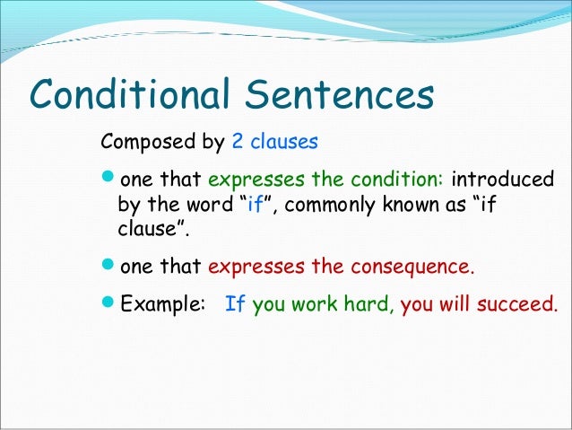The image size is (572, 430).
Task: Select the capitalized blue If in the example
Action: click(236, 304)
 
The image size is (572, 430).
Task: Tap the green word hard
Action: click(368, 304)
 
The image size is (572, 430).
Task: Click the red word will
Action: click(454, 304)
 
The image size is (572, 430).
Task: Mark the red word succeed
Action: click(519, 304)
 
